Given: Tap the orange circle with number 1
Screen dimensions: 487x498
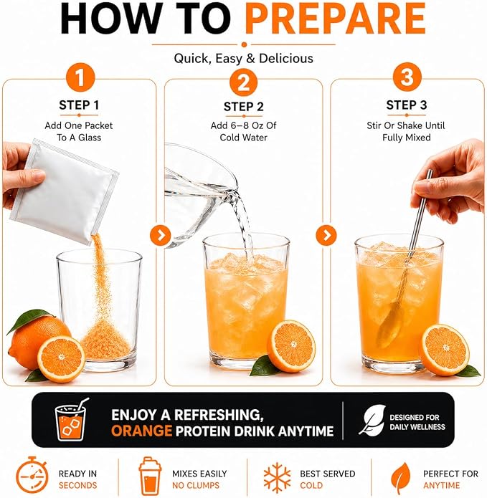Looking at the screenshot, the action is (80, 77).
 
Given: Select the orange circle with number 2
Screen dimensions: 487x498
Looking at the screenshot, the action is (244, 82).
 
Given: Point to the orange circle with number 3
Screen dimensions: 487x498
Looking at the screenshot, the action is (407, 77).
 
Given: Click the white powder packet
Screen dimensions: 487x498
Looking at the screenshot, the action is (65, 191).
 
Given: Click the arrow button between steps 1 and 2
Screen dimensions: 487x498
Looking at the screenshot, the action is (161, 235).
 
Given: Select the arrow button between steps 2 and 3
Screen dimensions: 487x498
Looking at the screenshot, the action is (326, 235).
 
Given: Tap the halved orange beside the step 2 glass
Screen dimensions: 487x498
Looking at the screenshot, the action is (291, 346).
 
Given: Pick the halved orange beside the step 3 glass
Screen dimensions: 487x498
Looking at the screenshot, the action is (444, 350).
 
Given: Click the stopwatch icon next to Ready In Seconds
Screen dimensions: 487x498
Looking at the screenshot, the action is (32, 476).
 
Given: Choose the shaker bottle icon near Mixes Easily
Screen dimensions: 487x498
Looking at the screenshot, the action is (150, 476).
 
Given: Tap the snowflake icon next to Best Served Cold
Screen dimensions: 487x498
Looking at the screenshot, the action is (277, 477).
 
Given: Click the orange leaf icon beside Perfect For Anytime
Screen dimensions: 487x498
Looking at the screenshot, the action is (400, 477).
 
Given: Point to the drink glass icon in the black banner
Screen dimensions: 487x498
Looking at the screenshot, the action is (71, 419).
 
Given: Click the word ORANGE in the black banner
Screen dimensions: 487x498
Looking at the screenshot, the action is (141, 431).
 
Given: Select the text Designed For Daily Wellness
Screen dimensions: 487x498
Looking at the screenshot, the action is (417, 422).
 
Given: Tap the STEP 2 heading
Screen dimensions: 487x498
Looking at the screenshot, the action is (244, 107).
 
